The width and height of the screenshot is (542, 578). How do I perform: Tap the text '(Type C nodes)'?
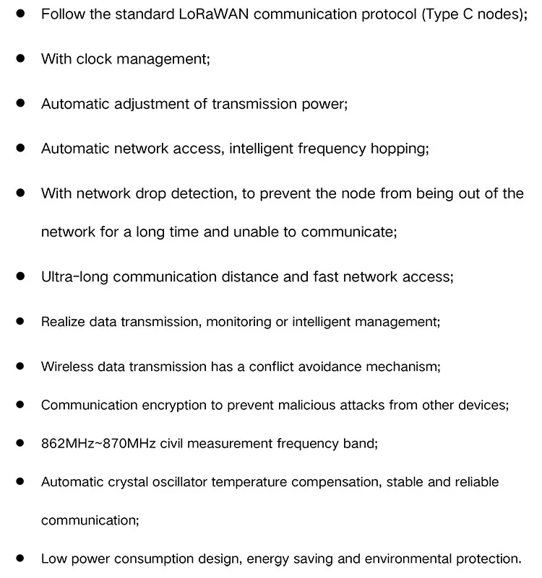474,14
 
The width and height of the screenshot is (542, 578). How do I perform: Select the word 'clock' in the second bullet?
94,59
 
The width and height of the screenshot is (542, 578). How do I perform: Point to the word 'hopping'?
399,149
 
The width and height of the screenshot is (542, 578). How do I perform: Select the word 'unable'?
256,232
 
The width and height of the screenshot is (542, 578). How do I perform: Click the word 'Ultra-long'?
75,276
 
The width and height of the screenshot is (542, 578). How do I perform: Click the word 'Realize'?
63,322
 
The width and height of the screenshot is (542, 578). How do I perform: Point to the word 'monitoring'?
238,322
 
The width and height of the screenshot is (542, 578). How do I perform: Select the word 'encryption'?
173,405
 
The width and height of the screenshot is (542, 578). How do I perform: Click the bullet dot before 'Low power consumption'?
21,559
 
